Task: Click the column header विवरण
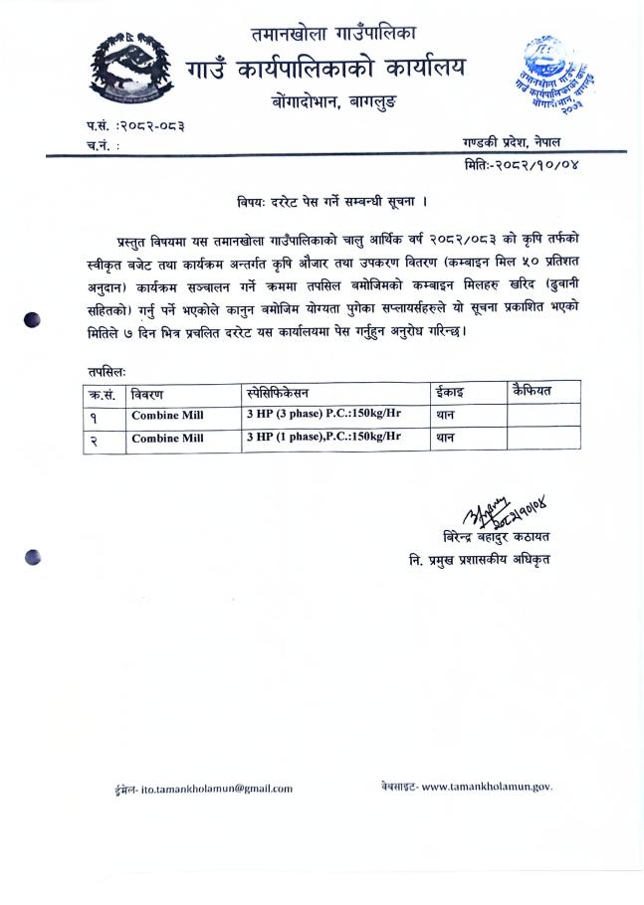click(149, 393)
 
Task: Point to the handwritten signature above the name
click(504, 513)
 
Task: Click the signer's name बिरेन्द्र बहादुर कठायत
click(497, 537)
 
